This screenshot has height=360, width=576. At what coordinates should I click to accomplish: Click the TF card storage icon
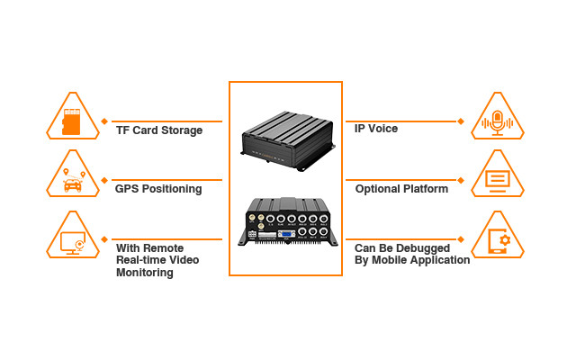coord(72,121)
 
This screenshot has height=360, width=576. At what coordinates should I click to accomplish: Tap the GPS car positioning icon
coord(72,181)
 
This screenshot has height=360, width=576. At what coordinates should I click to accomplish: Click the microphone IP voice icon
coord(497,121)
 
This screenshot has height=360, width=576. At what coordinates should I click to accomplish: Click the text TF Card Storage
coord(159,130)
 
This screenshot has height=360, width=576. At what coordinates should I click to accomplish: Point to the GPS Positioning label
coord(158,189)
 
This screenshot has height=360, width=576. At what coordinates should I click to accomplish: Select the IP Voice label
coord(376,129)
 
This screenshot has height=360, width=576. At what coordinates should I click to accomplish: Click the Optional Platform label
coord(401,189)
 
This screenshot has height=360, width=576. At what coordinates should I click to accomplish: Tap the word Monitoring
coord(144,273)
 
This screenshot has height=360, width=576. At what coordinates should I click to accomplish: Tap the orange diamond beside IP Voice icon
coord(461,121)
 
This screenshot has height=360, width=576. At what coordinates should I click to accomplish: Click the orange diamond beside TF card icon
coord(105,121)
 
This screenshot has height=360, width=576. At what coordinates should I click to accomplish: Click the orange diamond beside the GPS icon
coord(105,180)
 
